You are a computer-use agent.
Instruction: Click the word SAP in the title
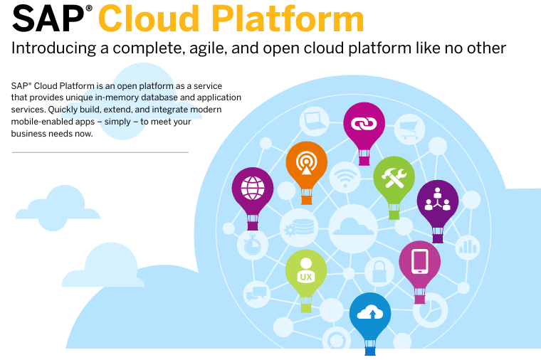click(x=48, y=19)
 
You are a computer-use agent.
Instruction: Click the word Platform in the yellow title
click(x=288, y=19)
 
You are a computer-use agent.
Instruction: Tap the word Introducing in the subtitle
click(x=53, y=48)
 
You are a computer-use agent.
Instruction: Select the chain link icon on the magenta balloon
click(x=364, y=124)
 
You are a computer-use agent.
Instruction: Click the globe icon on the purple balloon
click(x=253, y=188)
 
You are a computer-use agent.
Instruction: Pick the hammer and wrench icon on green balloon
click(x=394, y=177)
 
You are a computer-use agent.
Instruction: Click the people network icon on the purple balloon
click(x=438, y=199)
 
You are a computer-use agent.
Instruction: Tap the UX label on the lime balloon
click(x=306, y=277)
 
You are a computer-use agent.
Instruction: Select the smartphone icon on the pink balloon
click(x=419, y=261)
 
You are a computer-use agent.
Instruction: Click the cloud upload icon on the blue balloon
click(x=370, y=313)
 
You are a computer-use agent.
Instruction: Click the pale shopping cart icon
click(x=409, y=129)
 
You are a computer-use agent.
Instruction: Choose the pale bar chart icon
click(x=468, y=247)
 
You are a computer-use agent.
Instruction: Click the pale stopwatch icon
click(x=252, y=245)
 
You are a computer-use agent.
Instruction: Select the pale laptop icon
click(x=315, y=121)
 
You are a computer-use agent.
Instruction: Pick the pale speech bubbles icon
click(x=256, y=293)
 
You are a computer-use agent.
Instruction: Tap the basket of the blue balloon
click(x=370, y=348)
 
